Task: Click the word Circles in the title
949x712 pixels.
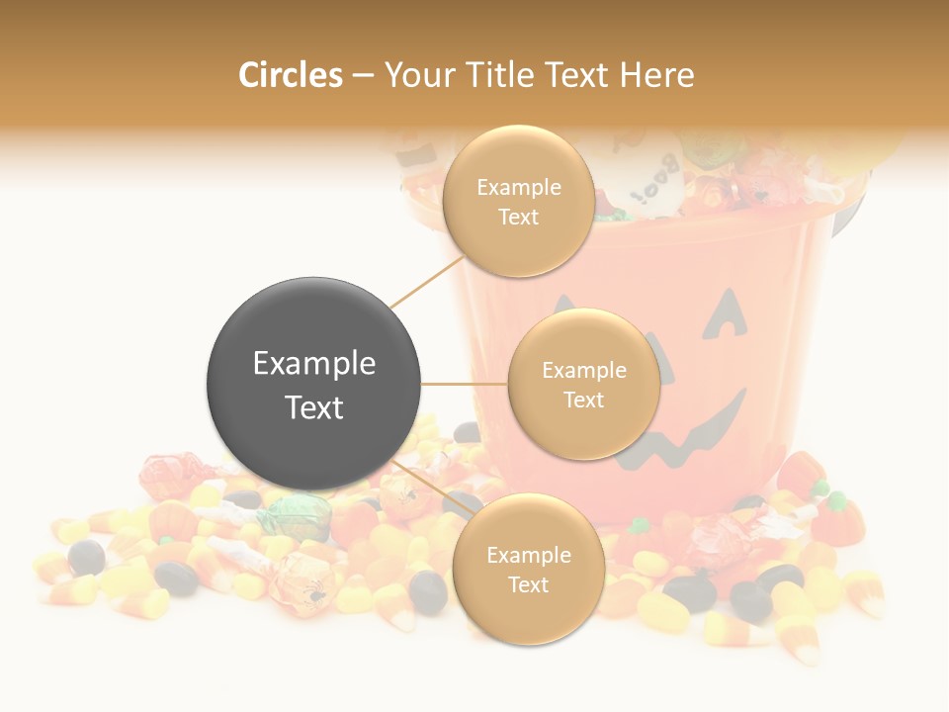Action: [290, 74]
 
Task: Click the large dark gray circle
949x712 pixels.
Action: [314, 384]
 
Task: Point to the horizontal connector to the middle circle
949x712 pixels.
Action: [465, 384]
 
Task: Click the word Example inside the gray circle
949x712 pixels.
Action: [314, 363]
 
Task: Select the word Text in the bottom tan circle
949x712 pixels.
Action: [528, 584]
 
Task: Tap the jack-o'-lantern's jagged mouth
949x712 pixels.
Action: [682, 435]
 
